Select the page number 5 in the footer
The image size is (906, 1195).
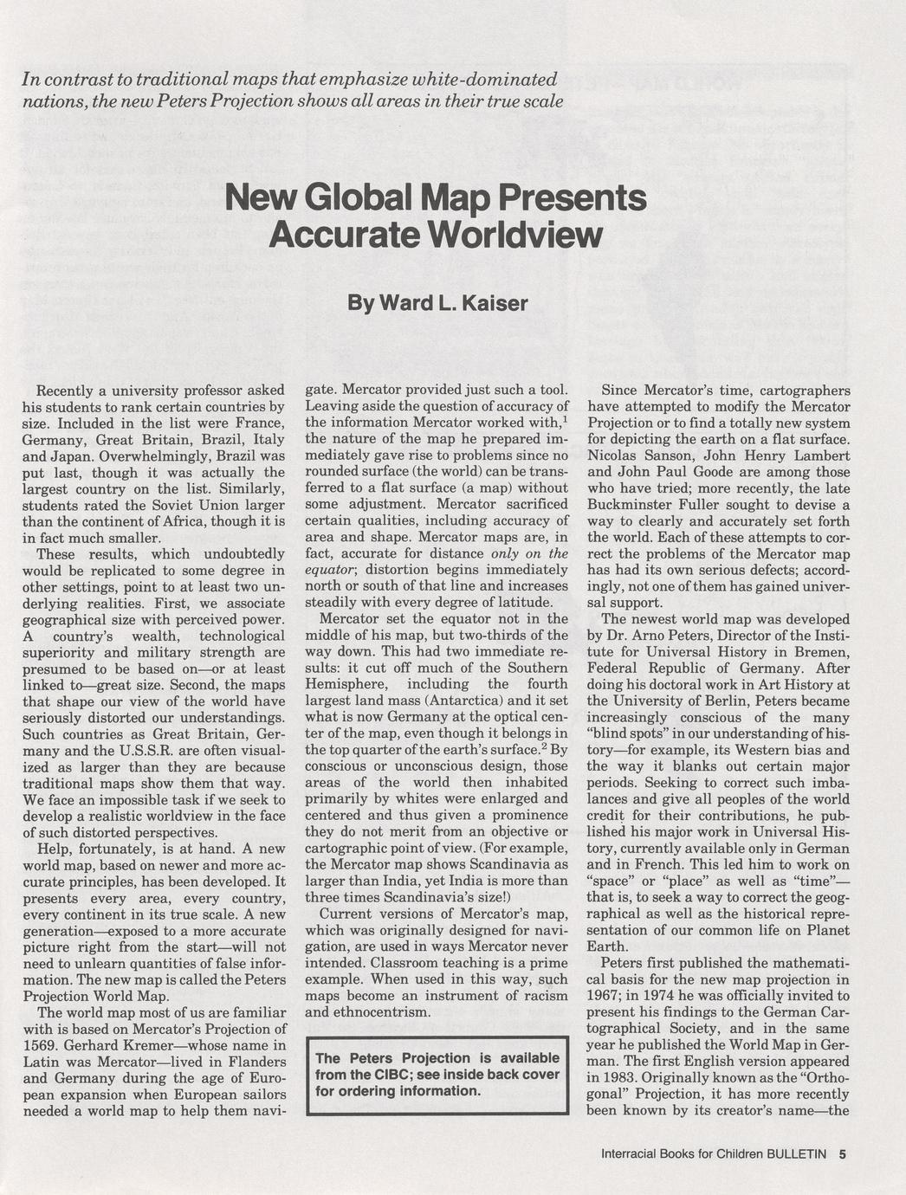[x=842, y=1153]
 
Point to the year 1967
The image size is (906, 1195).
[x=605, y=996]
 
